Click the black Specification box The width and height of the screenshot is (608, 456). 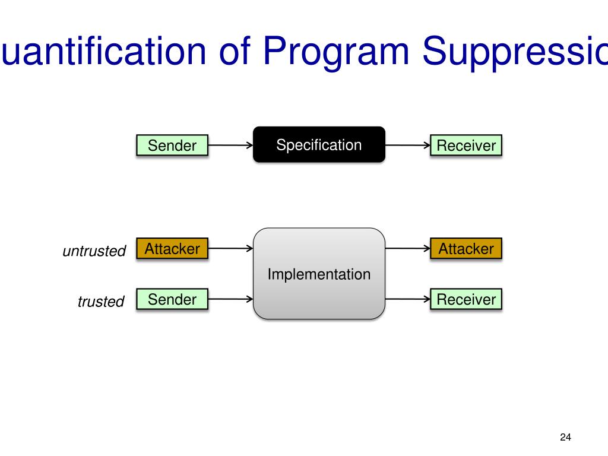(319, 144)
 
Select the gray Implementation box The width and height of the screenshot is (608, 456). (319, 274)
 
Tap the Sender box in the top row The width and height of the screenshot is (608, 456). (172, 145)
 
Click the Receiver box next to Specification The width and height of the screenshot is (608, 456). (466, 145)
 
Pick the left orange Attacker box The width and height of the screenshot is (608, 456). (172, 249)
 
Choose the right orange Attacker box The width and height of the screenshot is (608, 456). (466, 249)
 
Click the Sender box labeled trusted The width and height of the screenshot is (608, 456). (172, 299)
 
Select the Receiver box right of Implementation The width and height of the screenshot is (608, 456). (466, 299)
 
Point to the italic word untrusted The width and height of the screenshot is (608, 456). (94, 251)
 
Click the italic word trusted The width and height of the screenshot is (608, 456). (101, 302)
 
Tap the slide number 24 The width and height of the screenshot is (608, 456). (565, 438)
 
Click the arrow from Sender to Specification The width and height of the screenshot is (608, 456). (230, 145)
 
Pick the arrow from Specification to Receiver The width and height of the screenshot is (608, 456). (407, 145)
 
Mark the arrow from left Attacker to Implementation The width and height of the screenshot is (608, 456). (230, 249)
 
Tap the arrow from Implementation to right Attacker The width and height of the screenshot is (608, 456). (407, 249)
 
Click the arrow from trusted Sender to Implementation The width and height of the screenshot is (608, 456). (230, 299)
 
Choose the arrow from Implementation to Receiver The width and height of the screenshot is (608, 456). (407, 299)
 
